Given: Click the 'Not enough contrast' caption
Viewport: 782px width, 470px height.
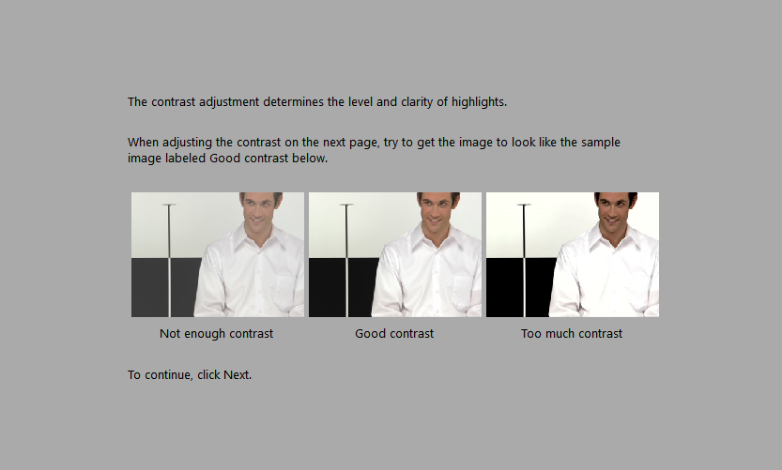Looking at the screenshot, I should point(216,333).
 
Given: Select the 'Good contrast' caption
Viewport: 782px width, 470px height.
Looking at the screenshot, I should point(394,333).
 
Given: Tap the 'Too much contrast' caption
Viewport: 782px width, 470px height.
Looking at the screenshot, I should point(572,333).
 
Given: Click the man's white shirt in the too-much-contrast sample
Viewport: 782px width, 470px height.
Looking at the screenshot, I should point(601,281).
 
